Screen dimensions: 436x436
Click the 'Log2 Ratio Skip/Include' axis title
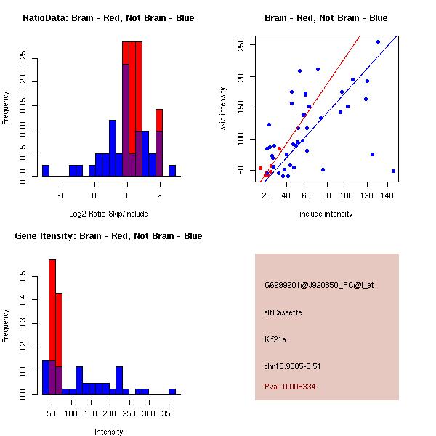(108, 214)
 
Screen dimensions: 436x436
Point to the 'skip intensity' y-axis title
(224, 109)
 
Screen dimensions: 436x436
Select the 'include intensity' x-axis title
(326, 214)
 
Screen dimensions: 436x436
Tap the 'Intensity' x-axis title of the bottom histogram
(108, 432)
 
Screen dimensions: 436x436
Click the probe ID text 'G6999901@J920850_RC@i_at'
(319, 286)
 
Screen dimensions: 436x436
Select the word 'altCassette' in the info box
(283, 312)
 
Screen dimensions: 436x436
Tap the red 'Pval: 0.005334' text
(290, 387)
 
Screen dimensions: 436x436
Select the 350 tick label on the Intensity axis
(169, 413)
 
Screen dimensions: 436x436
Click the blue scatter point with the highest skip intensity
(378, 42)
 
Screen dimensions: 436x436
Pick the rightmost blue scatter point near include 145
(393, 171)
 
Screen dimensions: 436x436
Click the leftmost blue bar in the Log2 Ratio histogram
(45, 171)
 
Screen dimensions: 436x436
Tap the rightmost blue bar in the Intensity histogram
(172, 391)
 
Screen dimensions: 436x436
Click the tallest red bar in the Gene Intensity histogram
(52, 327)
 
